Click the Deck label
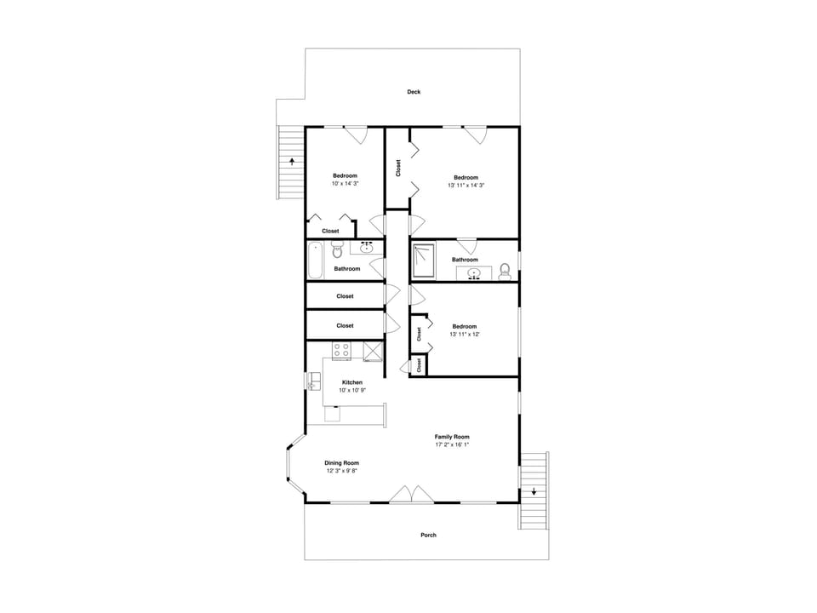(414, 92)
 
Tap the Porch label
(428, 536)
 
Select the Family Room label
(452, 436)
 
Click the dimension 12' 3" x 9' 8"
(341, 471)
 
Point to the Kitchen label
(351, 382)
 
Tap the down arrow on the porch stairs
(534, 491)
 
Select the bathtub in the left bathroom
(315, 260)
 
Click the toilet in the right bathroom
(505, 271)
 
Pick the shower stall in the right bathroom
(423, 261)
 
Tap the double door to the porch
(412, 495)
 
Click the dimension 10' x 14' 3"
(345, 184)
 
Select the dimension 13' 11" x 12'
(465, 335)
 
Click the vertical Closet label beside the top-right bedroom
(398, 169)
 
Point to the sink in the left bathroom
(367, 248)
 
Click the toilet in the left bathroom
(337, 250)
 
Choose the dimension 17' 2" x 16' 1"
(452, 444)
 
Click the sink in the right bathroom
(475, 273)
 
